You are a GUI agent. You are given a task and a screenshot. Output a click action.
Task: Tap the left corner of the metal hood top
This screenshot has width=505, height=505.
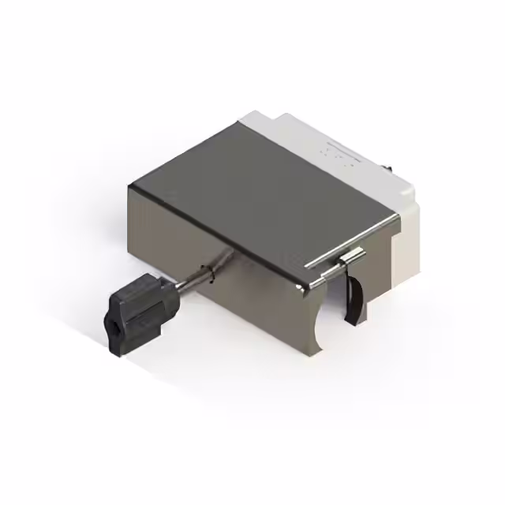(133, 186)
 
